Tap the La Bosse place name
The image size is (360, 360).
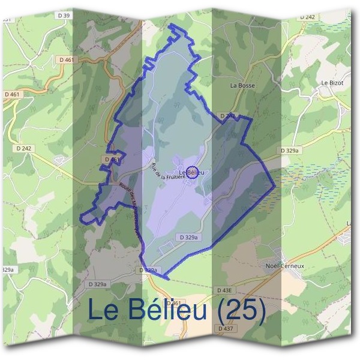click(x=242, y=86)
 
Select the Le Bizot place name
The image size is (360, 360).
click(x=331, y=83)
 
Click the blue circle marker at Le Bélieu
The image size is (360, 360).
click(x=192, y=172)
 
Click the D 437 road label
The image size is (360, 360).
click(x=225, y=329)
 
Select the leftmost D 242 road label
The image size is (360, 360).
click(x=24, y=148)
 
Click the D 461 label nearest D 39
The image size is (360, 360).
click(x=66, y=60)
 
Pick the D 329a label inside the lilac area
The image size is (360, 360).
click(x=188, y=238)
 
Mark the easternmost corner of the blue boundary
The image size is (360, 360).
click(x=275, y=185)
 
